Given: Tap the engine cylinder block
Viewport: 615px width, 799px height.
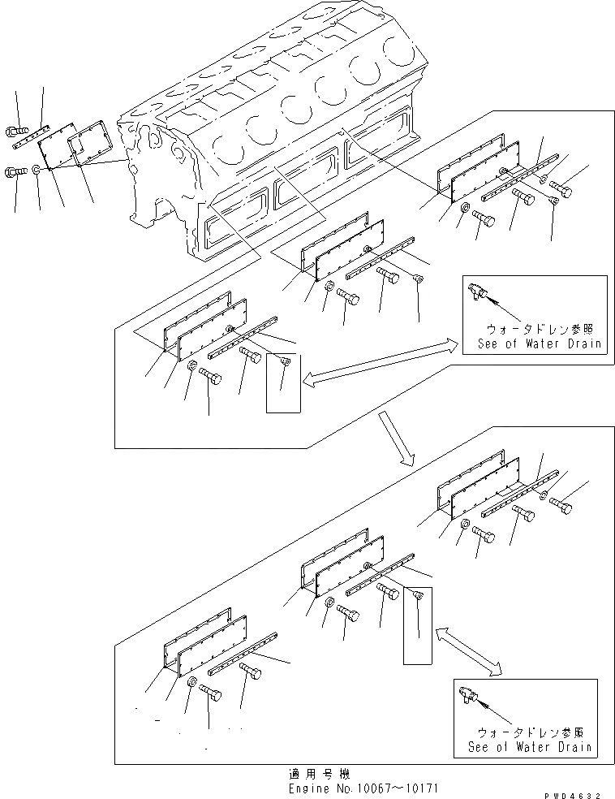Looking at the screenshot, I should [276, 122].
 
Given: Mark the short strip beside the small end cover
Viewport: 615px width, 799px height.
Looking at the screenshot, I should [32, 135].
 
